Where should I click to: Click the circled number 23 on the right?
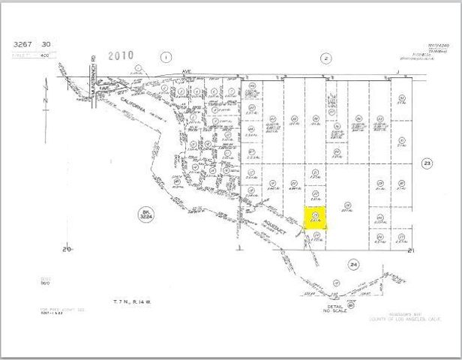click(427, 163)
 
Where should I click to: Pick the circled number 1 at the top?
click(166, 56)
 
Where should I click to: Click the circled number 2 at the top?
click(325, 57)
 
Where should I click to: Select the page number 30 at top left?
click(46, 45)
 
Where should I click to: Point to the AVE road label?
click(187, 72)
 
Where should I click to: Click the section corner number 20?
click(66, 247)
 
